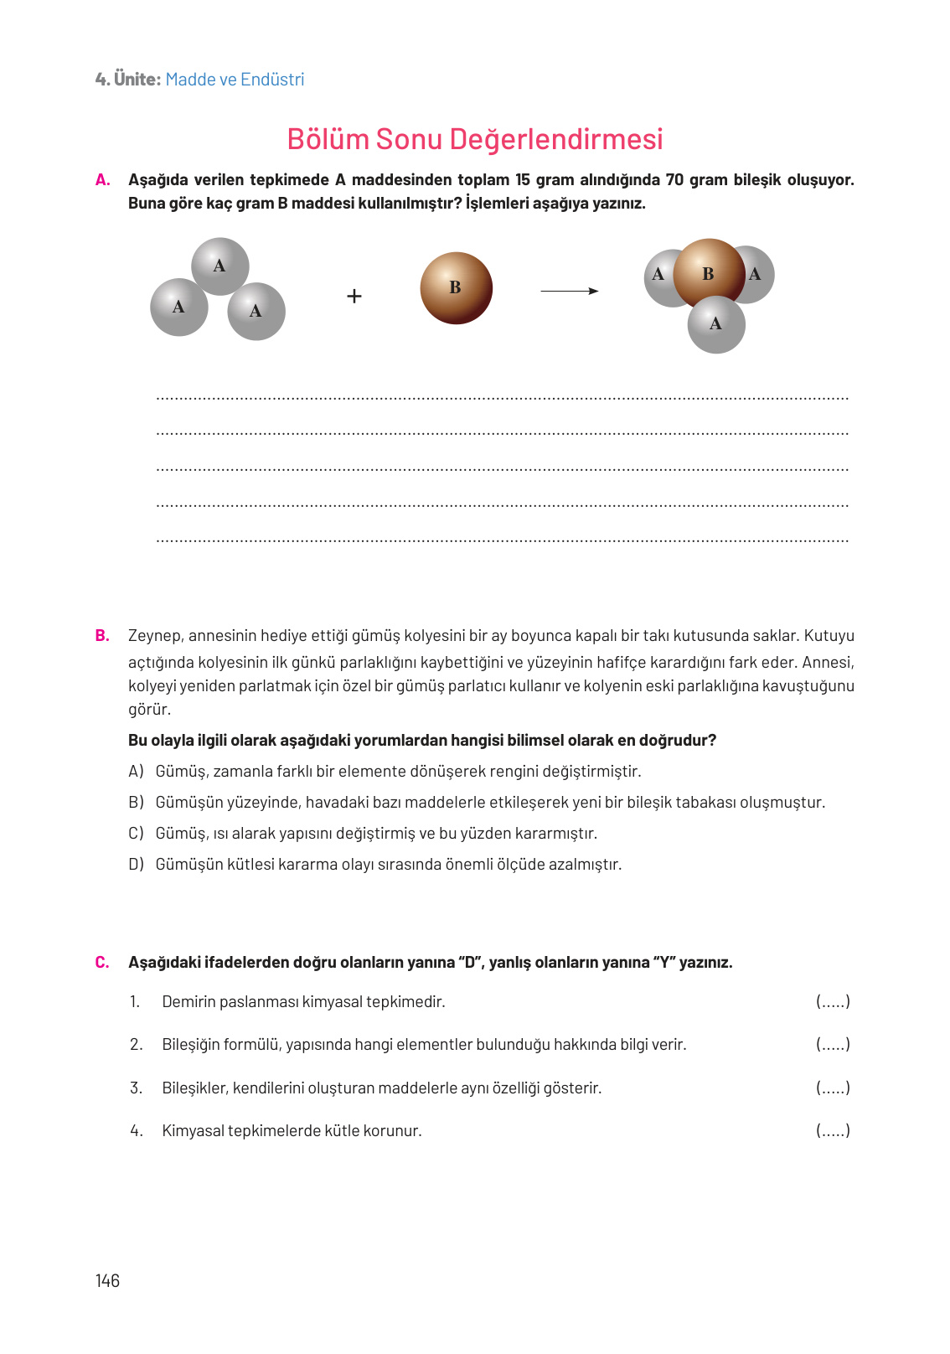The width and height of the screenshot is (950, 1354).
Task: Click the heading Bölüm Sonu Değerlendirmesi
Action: click(x=474, y=139)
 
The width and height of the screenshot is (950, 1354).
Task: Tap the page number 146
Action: click(x=107, y=1280)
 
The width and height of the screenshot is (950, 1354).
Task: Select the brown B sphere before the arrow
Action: click(x=456, y=288)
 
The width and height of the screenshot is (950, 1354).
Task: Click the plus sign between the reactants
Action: click(x=354, y=296)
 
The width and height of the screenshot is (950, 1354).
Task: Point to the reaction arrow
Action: click(x=569, y=291)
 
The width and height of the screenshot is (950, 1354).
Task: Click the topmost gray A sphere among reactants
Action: click(x=219, y=266)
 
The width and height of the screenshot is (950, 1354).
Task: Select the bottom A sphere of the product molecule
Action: click(x=716, y=324)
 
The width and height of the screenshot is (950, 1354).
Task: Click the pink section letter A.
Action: click(x=102, y=179)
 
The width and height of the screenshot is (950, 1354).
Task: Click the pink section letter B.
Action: click(x=102, y=635)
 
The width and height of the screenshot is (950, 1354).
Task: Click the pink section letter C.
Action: click(x=102, y=962)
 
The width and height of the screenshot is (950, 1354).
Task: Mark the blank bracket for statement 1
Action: click(x=833, y=1001)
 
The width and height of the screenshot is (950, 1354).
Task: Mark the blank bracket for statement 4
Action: click(x=833, y=1130)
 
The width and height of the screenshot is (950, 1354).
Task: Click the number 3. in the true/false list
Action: click(x=136, y=1088)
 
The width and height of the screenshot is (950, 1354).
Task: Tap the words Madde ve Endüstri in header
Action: click(x=235, y=80)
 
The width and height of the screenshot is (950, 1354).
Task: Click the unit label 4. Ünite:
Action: click(x=127, y=80)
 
